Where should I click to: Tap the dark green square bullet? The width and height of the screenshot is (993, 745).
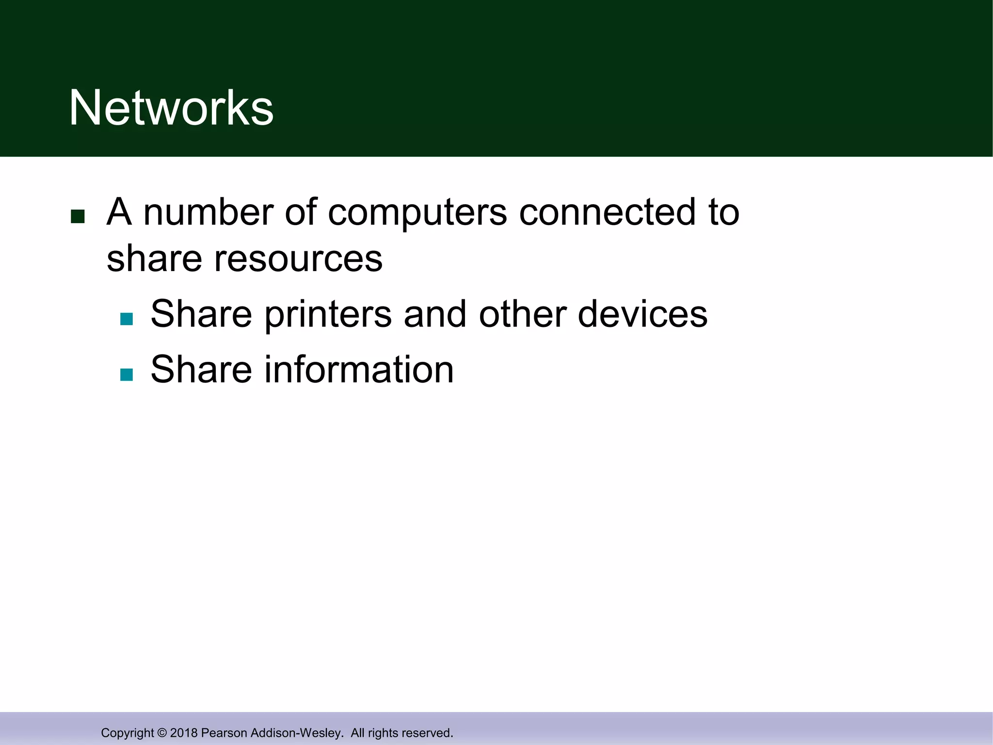(78, 216)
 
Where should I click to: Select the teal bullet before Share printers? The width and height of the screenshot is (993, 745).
(127, 319)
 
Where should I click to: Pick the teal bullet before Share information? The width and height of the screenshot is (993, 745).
(127, 374)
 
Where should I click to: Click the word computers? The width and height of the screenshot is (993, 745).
(417, 213)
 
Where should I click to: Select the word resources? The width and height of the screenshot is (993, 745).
(298, 259)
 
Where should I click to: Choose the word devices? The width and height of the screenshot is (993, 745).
(642, 314)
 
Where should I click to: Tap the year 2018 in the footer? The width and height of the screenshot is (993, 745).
(184, 733)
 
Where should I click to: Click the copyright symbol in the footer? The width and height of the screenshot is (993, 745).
(162, 733)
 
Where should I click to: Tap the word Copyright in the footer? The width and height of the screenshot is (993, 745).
(127, 733)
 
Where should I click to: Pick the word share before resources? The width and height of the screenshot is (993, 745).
(154, 259)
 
